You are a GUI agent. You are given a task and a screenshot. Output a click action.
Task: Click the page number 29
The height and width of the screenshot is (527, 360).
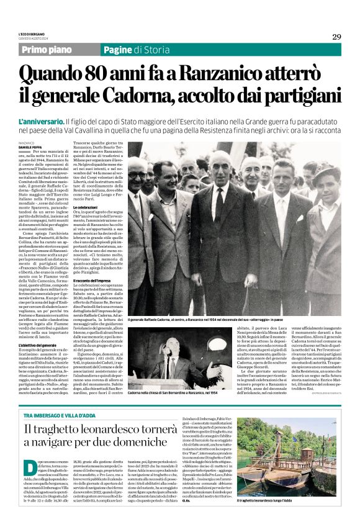(x=336, y=37)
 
